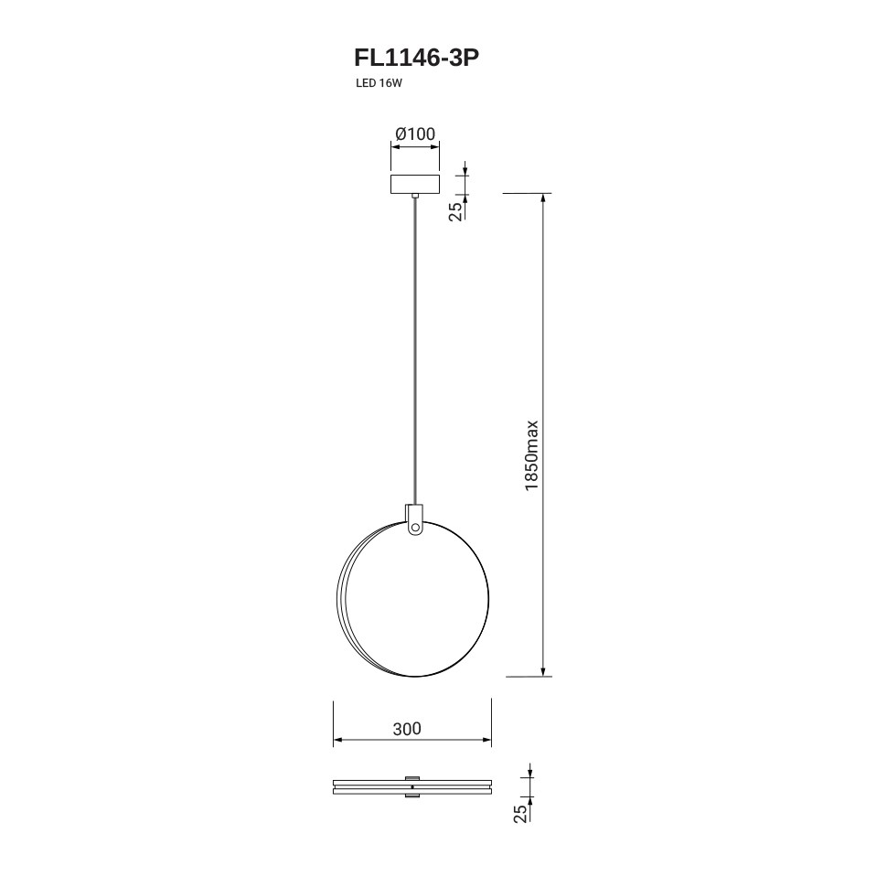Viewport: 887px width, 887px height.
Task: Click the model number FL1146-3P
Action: pyautogui.click(x=416, y=58)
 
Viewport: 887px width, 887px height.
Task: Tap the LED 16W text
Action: pyautogui.click(x=379, y=83)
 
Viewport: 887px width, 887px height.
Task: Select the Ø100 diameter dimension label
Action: pyautogui.click(x=416, y=134)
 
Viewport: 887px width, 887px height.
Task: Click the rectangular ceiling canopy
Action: pyautogui.click(x=415, y=184)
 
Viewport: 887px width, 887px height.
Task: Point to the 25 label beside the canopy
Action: pyautogui.click(x=456, y=211)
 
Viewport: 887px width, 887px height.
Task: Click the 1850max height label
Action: pyautogui.click(x=531, y=455)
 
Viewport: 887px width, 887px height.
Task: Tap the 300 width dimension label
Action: pyautogui.click(x=407, y=729)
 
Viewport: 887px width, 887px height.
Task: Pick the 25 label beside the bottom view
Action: pyautogui.click(x=520, y=813)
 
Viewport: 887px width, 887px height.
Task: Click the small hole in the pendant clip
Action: pyautogui.click(x=415, y=528)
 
